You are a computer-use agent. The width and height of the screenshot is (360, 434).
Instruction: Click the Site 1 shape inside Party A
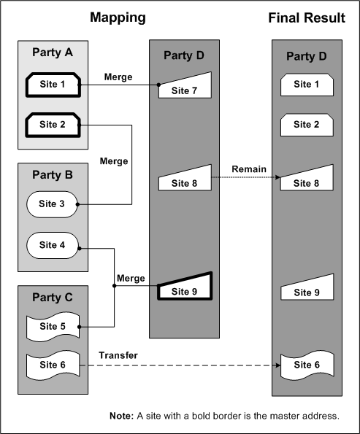53,85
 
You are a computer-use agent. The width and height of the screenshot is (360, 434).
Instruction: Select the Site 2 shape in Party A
53,125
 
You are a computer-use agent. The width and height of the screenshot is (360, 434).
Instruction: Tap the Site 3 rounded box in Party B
53,204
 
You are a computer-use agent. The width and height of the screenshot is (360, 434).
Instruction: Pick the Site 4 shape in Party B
53,245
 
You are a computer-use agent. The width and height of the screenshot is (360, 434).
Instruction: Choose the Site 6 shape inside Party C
53,364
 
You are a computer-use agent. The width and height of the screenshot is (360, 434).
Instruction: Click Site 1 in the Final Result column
307,85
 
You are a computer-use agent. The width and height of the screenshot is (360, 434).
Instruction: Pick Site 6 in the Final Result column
307,364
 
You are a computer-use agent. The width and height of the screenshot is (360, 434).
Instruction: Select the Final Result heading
307,18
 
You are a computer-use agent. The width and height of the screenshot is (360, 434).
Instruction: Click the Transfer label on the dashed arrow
118,355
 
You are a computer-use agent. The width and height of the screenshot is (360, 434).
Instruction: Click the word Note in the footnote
123,416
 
